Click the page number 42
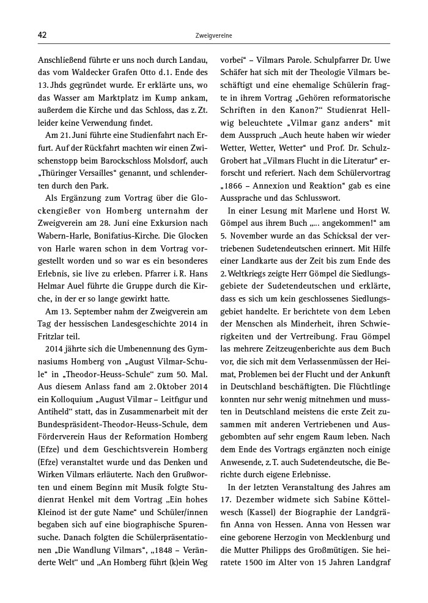42,35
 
